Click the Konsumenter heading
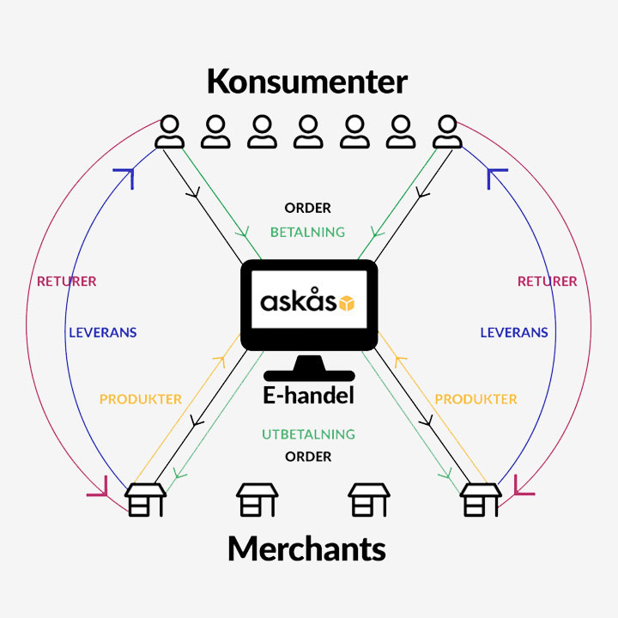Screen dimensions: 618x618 (x=307, y=82)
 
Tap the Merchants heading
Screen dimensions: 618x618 (x=306, y=548)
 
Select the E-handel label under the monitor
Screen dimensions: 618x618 (x=308, y=396)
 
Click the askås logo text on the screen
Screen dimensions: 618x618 (x=298, y=300)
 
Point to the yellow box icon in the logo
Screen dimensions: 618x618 (x=347, y=303)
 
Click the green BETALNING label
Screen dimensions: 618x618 (x=307, y=232)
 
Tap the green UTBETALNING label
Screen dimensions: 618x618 (x=308, y=434)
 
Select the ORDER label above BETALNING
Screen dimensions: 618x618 (x=307, y=208)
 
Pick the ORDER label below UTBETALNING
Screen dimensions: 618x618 (x=308, y=457)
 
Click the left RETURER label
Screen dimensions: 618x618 (x=67, y=282)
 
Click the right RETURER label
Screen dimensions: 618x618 (x=547, y=282)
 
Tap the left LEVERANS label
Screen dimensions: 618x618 (x=103, y=333)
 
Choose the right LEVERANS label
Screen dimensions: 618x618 (x=514, y=333)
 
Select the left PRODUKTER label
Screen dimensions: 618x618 (x=141, y=399)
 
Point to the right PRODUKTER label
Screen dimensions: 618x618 (x=476, y=399)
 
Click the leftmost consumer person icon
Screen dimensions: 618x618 (x=169, y=131)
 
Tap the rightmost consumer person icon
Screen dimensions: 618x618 (x=447, y=131)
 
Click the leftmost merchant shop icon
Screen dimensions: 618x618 (x=145, y=500)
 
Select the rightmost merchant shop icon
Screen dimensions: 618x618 (x=481, y=500)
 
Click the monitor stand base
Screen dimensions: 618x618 (x=309, y=375)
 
